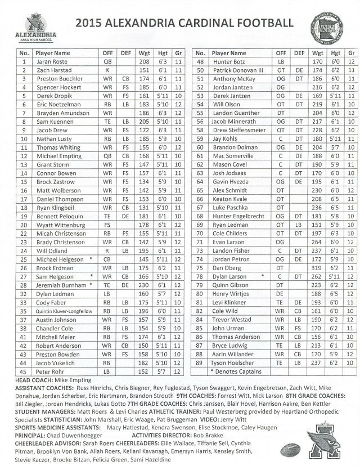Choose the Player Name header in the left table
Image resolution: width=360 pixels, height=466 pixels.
[x=55, y=52]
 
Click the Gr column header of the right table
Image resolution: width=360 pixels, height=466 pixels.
[x=352, y=52]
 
